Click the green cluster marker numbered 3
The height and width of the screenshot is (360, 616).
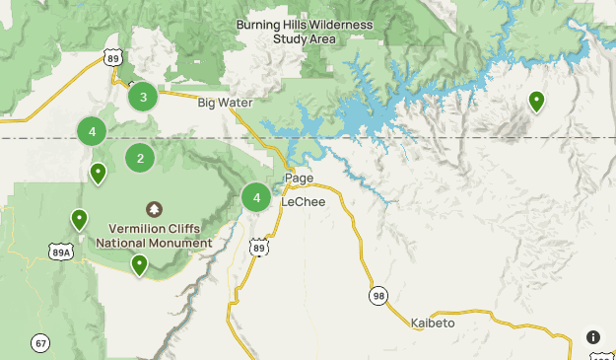(x=144, y=97)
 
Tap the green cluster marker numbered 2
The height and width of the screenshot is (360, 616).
(x=140, y=157)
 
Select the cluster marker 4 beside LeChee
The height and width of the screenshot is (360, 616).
(x=256, y=197)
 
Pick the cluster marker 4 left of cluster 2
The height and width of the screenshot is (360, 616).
(x=92, y=131)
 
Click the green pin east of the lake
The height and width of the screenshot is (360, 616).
(x=536, y=101)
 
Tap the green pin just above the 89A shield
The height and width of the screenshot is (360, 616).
(x=79, y=219)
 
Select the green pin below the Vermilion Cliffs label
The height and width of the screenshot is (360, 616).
(x=140, y=264)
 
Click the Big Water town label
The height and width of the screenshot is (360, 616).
(x=225, y=103)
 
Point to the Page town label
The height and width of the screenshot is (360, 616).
(x=299, y=179)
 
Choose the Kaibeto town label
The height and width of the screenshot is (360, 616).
(x=433, y=324)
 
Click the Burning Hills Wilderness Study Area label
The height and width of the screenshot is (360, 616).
(x=305, y=32)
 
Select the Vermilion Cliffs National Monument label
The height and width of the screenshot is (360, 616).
(x=154, y=235)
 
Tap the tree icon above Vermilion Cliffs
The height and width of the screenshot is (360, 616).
(x=154, y=209)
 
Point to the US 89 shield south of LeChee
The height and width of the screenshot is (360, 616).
(x=259, y=248)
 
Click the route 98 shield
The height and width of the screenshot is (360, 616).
(x=378, y=295)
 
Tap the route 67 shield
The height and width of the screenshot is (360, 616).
(x=40, y=343)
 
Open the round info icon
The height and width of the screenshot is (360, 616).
(x=593, y=337)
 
